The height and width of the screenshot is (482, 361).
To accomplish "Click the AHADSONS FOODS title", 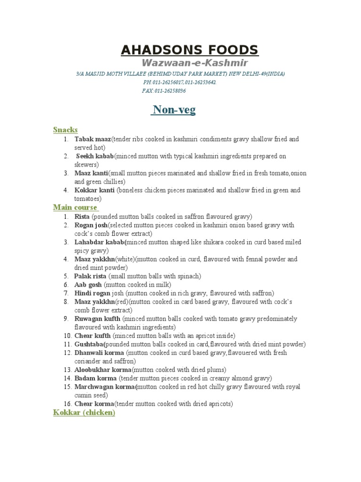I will coord(189,50).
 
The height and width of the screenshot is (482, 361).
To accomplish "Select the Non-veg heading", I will coord(173,110).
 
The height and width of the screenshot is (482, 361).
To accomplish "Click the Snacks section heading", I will coord(65,129).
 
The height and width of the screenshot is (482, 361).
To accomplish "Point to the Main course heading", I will coord(75,207).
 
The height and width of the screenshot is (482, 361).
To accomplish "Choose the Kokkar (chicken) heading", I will coord(84,412).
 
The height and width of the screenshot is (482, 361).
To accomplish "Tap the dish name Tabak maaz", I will coord(93,139).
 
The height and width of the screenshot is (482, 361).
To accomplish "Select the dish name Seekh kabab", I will coord(94,156).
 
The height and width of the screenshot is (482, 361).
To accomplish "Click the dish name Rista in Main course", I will coord(82,217).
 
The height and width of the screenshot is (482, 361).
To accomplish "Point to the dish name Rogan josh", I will coord(91,225).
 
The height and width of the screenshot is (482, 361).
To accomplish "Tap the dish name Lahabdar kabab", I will coord(100,242).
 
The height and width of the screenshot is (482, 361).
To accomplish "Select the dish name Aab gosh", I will coord(88,285).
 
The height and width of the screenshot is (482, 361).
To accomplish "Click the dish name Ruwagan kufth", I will coord(97,319).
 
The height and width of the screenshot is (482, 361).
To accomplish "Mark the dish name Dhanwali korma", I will coord(99,353).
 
